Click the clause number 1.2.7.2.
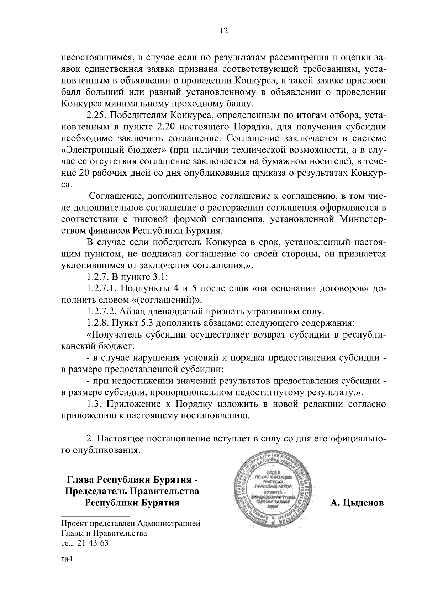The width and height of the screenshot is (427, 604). (x=104, y=312)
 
